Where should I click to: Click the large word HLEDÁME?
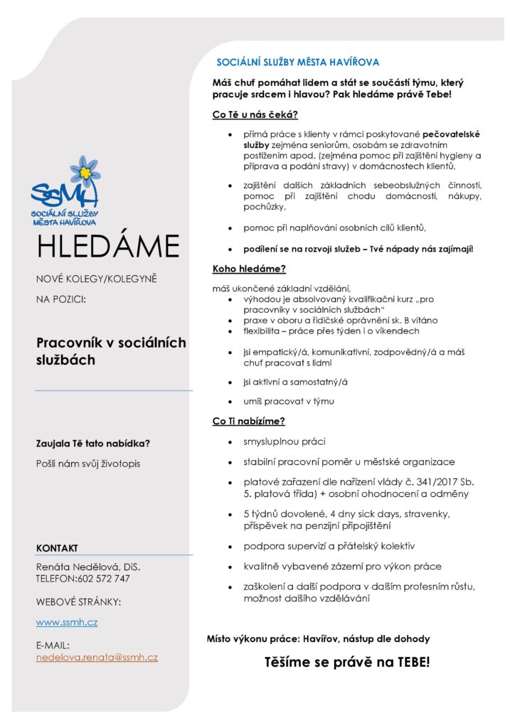pyautogui.click(x=108, y=247)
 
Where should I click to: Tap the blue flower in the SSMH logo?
pyautogui.click(x=85, y=171)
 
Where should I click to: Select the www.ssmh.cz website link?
pyautogui.click(x=67, y=622)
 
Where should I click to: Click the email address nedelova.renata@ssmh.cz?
pyautogui.click(x=97, y=658)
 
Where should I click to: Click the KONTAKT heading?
pyautogui.click(x=57, y=548)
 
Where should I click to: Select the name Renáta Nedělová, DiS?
pyautogui.click(x=88, y=567)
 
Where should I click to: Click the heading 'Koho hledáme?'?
pyautogui.click(x=249, y=269)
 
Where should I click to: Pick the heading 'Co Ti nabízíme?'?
pyautogui.click(x=249, y=421)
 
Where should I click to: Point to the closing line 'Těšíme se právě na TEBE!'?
pyautogui.click(x=347, y=663)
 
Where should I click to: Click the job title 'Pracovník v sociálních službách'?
pyautogui.click(x=111, y=351)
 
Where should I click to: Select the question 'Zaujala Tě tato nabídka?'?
pyautogui.click(x=93, y=444)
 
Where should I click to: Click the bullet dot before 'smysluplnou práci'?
pyautogui.click(x=229, y=442)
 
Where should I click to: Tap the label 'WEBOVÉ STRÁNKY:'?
pyautogui.click(x=78, y=602)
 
